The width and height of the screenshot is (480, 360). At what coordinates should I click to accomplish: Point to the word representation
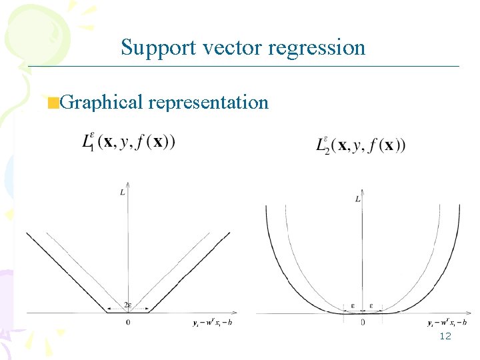(x=208, y=102)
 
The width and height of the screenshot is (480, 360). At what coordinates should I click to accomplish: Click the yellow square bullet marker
(x=53, y=103)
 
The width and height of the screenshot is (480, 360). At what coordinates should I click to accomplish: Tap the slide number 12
(x=445, y=336)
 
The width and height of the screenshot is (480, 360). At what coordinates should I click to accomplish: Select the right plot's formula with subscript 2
(x=360, y=145)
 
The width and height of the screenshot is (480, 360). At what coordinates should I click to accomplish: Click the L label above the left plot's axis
(x=123, y=192)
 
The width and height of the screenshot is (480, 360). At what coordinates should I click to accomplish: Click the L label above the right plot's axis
(x=358, y=199)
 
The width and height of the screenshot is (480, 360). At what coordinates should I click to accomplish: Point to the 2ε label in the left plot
(x=127, y=305)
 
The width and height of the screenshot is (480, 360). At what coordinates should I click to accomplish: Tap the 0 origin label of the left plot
(x=127, y=323)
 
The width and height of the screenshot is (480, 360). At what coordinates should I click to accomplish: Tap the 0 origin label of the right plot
(x=363, y=323)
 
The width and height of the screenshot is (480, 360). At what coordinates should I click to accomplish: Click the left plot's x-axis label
(x=211, y=323)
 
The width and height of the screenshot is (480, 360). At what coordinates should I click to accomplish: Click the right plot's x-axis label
(x=447, y=323)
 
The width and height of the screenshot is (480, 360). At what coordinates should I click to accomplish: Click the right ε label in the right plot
(x=371, y=307)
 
